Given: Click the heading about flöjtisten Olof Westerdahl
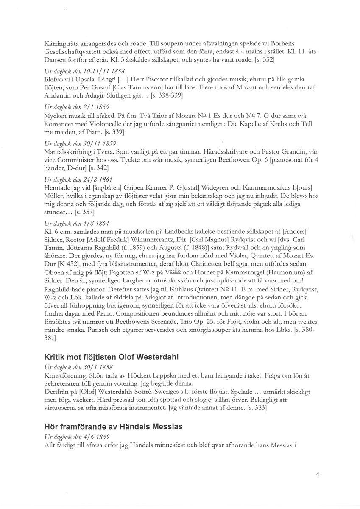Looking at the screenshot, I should pyautogui.click(x=112, y=357).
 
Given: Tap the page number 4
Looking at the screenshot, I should pyautogui.click(x=318, y=475).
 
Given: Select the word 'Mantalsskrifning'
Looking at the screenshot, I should pyautogui.click(x=67, y=151).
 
